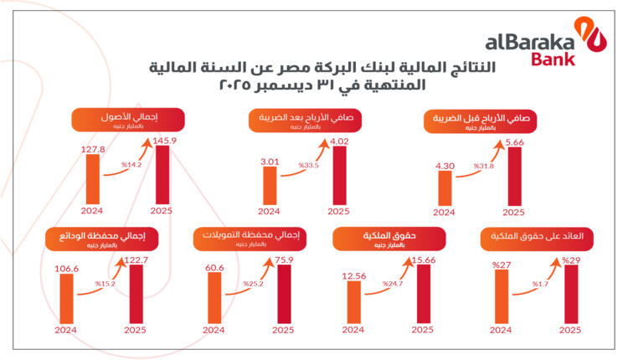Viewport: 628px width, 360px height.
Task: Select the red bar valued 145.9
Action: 163,173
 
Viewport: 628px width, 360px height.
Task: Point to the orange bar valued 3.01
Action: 270,184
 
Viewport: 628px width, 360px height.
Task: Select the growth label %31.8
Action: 484,167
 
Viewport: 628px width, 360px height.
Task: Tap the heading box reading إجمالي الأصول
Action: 117,120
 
